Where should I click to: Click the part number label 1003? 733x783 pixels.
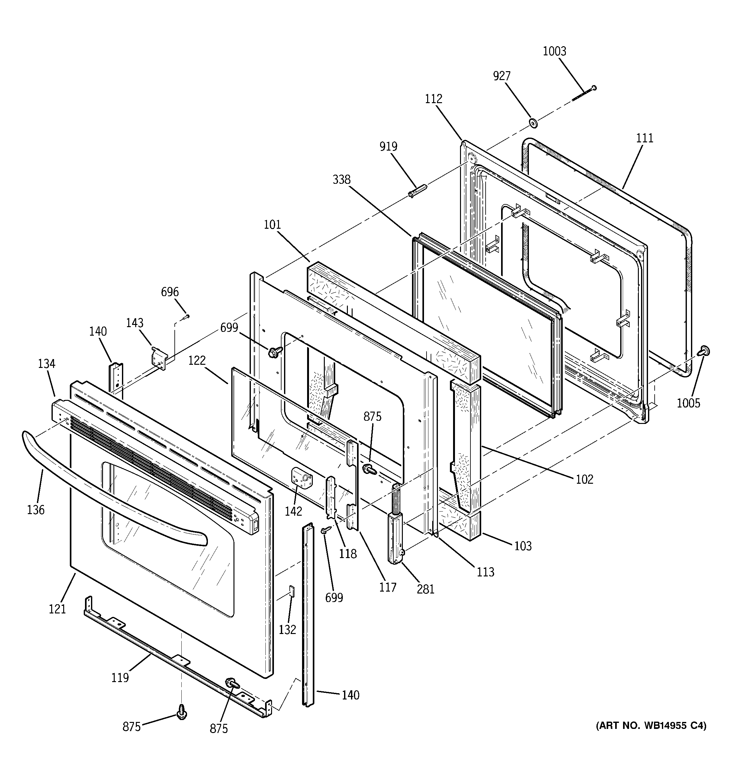point(554,52)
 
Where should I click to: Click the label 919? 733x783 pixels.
point(388,146)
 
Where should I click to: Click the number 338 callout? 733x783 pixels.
point(341,180)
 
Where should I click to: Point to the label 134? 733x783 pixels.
point(46,364)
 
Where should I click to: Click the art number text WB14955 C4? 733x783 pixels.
point(651,725)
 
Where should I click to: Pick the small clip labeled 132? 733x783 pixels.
point(292,601)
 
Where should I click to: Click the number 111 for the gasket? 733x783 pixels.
point(645,138)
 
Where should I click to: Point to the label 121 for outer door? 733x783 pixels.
point(57,609)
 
